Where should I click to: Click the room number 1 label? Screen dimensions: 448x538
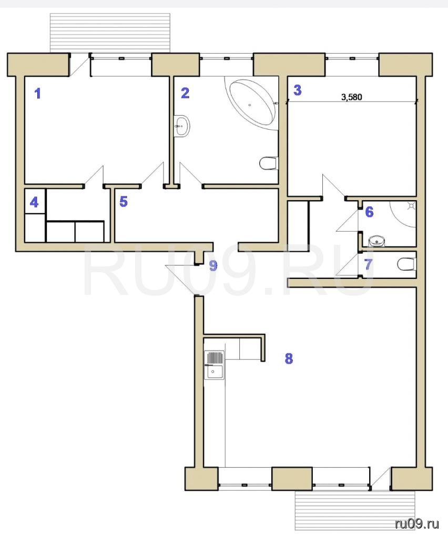coord(38,94)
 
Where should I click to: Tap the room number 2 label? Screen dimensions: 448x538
coord(185,92)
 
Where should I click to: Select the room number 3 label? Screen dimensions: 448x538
coord(297,90)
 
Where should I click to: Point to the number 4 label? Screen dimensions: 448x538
coord(34,202)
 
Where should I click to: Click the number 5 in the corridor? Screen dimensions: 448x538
coord(124,201)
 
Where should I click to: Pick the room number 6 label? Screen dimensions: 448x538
coord(369,212)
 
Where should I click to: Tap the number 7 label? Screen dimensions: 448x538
coord(368,265)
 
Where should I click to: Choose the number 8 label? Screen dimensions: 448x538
coord(289,358)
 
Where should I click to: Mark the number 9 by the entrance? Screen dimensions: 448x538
coord(213,265)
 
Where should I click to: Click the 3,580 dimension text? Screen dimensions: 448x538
coord(352,97)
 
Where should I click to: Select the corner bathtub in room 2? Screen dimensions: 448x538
coord(252,103)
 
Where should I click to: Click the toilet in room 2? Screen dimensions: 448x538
coord(269,163)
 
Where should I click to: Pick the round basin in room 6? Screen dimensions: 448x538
coord(377,242)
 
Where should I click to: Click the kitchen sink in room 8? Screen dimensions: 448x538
coord(214,365)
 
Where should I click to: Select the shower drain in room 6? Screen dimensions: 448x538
coord(411,206)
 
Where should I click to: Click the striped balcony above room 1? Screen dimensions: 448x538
coord(110,33)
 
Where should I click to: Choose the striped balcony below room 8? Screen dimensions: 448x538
coord(355,512)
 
